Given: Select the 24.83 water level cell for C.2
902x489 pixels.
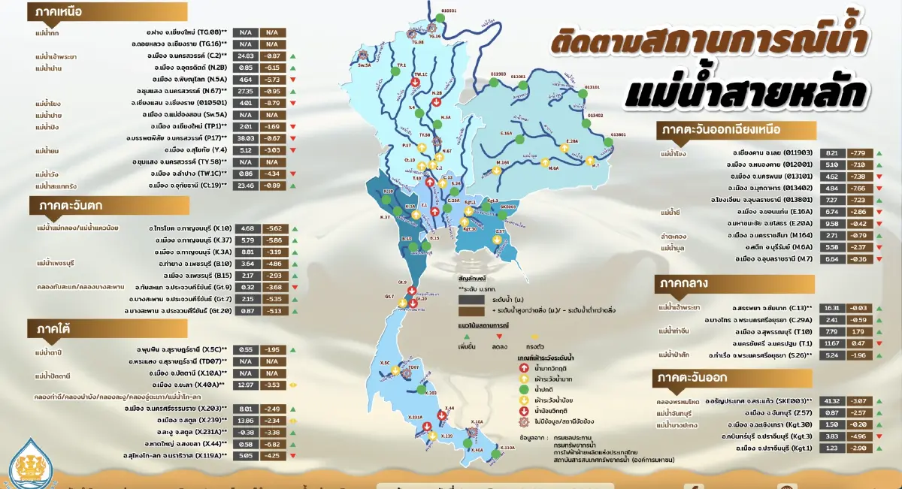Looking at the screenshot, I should (245, 56).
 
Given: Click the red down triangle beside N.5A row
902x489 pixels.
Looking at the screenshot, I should (295, 80).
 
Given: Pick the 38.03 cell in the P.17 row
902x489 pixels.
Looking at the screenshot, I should (245, 138).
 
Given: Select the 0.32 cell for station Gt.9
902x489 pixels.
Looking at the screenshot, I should (245, 287).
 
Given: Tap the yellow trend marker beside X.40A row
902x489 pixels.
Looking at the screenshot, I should (295, 385).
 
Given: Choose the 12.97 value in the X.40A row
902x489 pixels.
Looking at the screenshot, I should (245, 385).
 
